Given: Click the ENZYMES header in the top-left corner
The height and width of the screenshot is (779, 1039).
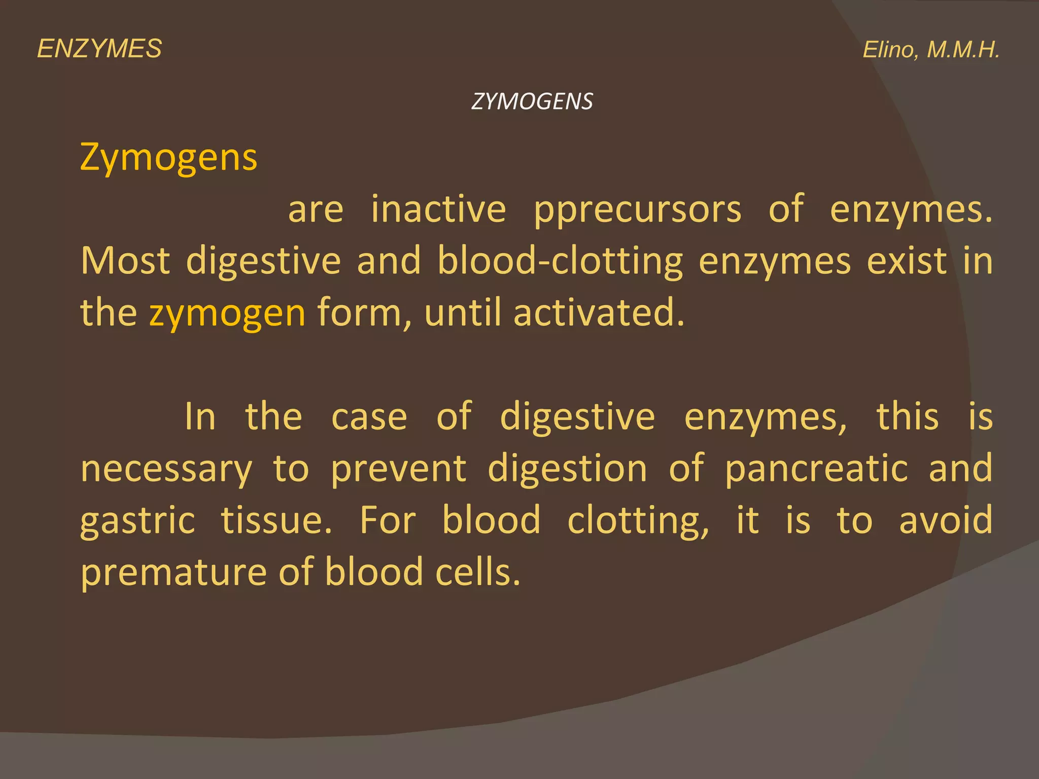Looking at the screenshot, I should pyautogui.click(x=99, y=49).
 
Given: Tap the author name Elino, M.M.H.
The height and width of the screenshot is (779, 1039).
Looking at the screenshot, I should pyautogui.click(x=931, y=50).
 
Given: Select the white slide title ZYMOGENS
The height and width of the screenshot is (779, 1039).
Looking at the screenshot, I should pyautogui.click(x=532, y=101).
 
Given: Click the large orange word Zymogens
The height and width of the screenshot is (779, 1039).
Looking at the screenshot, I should pyautogui.click(x=169, y=158).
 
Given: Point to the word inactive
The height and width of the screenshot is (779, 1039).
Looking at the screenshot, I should pyautogui.click(x=438, y=209).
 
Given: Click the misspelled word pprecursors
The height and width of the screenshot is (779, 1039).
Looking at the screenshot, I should pyautogui.click(x=637, y=210).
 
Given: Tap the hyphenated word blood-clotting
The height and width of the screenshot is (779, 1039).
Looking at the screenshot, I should pyautogui.click(x=560, y=262).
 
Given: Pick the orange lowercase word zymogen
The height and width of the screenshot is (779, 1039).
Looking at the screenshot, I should pyautogui.click(x=227, y=313).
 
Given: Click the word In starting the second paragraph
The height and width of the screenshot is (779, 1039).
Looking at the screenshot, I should pyautogui.click(x=200, y=416).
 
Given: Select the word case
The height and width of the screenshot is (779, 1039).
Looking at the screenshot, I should pyautogui.click(x=369, y=417).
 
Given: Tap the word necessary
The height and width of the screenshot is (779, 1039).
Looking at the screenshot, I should pyautogui.click(x=166, y=469).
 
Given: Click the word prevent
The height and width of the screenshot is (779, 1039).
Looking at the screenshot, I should pyautogui.click(x=398, y=469).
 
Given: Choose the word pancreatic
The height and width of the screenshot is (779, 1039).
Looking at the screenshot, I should pyautogui.click(x=816, y=469).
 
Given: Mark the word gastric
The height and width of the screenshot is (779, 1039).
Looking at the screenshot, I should pyautogui.click(x=137, y=521).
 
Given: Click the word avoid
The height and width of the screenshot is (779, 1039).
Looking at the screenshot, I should pyautogui.click(x=946, y=520).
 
